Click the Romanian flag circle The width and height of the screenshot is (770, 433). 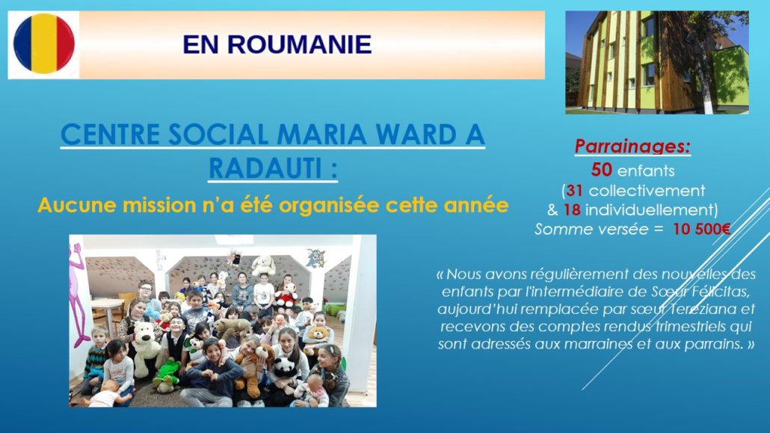[x=43, y=43]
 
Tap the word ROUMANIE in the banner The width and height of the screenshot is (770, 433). [x=299, y=45]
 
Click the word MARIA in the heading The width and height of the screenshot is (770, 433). [x=321, y=134]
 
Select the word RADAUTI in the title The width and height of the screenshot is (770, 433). [x=265, y=168]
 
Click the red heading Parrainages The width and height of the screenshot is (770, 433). [x=632, y=147]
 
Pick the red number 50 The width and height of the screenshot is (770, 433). [x=602, y=170]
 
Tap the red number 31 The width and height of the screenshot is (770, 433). [x=574, y=190]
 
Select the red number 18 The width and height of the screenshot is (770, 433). [x=572, y=210]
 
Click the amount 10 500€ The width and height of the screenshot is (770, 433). [x=702, y=229]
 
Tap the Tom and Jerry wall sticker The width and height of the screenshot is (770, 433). [x=315, y=258]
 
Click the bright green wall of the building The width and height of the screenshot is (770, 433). [x=730, y=79]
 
